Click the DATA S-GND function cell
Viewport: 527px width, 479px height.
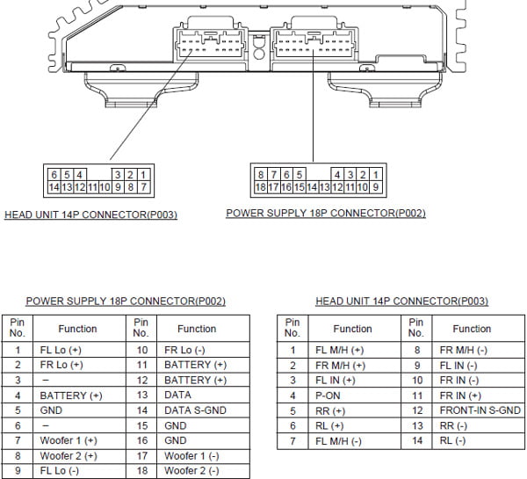coord(203,410)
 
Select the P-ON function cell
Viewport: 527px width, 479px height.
coord(354,396)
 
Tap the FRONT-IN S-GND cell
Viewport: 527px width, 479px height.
coord(479,410)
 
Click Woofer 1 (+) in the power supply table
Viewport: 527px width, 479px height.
coord(79,440)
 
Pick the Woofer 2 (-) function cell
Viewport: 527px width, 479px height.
coord(203,471)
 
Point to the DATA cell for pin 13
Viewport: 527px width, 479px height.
coord(203,395)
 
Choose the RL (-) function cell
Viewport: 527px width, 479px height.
coord(479,440)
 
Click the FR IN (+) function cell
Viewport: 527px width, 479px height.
coord(479,396)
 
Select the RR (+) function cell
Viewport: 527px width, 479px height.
coord(354,410)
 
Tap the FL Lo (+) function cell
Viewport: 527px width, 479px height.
coord(79,350)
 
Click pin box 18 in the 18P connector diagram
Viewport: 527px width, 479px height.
coord(261,187)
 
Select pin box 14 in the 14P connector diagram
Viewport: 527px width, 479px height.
coord(54,187)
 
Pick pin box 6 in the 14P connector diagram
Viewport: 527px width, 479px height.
coord(54,175)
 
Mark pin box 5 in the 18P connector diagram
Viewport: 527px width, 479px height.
coord(300,175)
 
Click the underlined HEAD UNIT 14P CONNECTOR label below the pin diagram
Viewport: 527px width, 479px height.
coord(90,215)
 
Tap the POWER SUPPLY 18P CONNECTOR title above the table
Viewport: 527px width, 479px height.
coord(126,301)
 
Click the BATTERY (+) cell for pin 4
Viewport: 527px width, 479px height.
coord(79,396)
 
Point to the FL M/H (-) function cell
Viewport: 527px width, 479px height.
coord(354,441)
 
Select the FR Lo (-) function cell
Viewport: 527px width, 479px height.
coord(203,350)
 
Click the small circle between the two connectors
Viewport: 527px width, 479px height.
coord(259,54)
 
